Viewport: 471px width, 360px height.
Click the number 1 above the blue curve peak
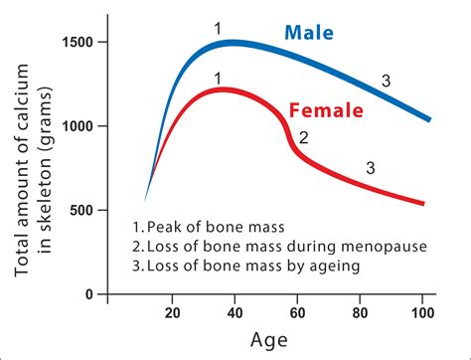(218, 28)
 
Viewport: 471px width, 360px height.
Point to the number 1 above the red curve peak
(218, 77)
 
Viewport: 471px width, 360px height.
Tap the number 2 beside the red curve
(304, 138)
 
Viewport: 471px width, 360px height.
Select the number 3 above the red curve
(371, 167)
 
